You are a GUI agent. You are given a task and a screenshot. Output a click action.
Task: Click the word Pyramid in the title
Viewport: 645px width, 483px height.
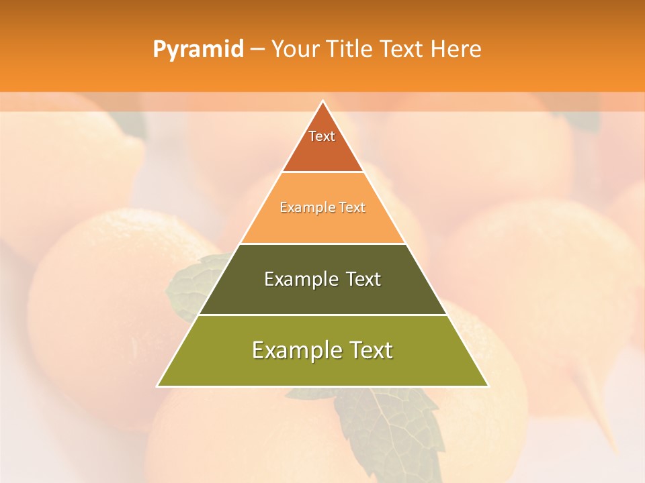click(x=198, y=50)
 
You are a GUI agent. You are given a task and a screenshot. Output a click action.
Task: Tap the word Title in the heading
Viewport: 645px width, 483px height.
click(x=351, y=50)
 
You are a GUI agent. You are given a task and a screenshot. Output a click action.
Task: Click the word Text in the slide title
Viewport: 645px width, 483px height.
click(x=404, y=50)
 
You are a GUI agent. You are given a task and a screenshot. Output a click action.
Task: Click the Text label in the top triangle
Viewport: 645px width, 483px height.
click(x=322, y=136)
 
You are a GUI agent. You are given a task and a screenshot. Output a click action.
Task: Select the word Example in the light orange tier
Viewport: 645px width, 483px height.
click(x=303, y=208)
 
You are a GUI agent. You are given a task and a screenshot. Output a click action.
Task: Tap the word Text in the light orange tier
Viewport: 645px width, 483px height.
click(x=352, y=208)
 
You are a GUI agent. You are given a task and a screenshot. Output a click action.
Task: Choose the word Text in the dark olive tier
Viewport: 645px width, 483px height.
click(x=363, y=279)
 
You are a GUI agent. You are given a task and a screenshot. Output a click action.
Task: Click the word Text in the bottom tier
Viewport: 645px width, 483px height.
click(x=370, y=350)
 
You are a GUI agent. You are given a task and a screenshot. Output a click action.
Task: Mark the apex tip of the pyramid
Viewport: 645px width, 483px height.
click(x=322, y=101)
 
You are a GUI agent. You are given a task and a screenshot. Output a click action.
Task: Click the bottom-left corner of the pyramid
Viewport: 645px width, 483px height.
click(x=158, y=386)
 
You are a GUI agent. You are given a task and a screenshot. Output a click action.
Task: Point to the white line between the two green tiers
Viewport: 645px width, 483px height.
click(x=322, y=315)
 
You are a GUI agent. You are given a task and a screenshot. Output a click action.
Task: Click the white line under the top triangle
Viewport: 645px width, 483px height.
click(x=322, y=172)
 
